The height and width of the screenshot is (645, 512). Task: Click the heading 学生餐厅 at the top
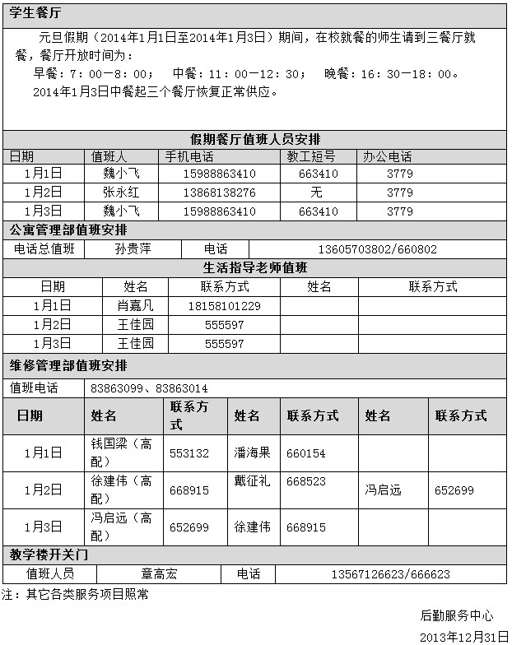pyautogui.click(x=35, y=14)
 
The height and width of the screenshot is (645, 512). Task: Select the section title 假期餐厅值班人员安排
pyautogui.click(x=256, y=138)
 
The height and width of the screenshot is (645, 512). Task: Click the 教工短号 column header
pyautogui.click(x=310, y=156)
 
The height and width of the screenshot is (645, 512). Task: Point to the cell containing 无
pyautogui.click(x=316, y=193)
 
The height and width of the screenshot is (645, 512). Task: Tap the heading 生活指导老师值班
pyautogui.click(x=255, y=267)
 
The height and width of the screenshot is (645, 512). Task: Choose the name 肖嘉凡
pyautogui.click(x=135, y=305)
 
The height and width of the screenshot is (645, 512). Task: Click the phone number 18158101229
pyautogui.click(x=224, y=305)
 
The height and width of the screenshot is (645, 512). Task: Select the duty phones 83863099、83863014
pyautogui.click(x=149, y=388)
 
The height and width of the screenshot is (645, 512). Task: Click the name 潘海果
pyautogui.click(x=252, y=453)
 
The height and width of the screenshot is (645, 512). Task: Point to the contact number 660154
pyautogui.click(x=306, y=453)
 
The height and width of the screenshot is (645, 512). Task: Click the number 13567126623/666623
pyautogui.click(x=390, y=574)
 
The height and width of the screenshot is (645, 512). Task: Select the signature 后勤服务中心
pyautogui.click(x=457, y=615)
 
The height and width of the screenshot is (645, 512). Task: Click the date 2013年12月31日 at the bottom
pyautogui.click(x=464, y=637)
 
